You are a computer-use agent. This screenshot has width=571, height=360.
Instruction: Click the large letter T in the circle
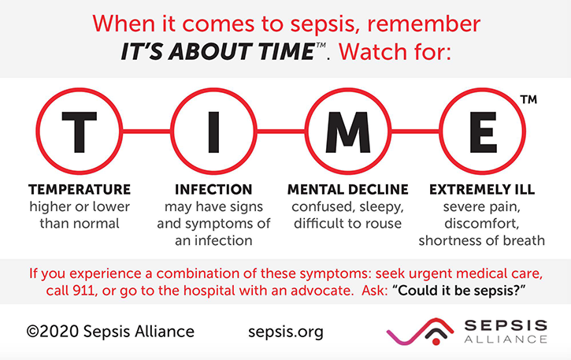[80, 132]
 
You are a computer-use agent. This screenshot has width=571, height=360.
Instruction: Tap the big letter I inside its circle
[213, 132]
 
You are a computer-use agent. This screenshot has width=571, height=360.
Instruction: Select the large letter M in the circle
[348, 132]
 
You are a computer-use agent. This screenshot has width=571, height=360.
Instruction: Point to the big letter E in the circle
[484, 132]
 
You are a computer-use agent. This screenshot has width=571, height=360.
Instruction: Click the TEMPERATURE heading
[80, 190]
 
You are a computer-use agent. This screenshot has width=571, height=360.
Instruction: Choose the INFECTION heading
[213, 190]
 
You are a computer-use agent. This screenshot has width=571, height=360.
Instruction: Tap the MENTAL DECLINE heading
[348, 190]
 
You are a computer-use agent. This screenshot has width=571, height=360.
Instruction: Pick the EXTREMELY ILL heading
[482, 190]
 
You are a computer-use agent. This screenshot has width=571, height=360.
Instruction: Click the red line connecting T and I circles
[146, 132]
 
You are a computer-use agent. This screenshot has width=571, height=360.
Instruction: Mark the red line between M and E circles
[415, 132]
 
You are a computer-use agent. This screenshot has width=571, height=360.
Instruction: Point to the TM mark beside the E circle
[528, 99]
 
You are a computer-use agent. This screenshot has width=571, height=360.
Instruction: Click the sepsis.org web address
[286, 332]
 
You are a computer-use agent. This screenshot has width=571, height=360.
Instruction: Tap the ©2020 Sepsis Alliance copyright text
[110, 332]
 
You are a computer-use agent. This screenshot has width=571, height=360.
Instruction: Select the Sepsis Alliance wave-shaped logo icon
[421, 331]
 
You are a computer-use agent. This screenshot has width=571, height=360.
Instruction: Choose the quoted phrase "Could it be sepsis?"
[459, 291]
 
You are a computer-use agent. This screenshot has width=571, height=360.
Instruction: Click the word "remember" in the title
[424, 24]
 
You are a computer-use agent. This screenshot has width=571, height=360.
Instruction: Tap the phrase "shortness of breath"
[482, 240]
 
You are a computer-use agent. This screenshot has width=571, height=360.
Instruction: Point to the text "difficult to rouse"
[348, 224]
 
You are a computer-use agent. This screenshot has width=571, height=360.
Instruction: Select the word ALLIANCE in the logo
[506, 340]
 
